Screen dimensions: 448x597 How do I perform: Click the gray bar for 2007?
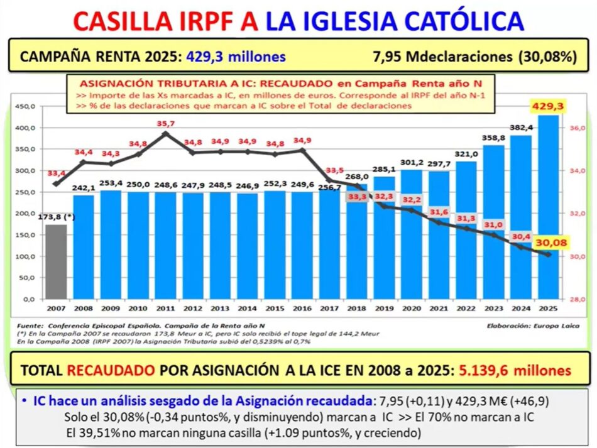56,261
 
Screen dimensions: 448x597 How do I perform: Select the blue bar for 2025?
549,207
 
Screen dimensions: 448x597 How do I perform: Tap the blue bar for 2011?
166,245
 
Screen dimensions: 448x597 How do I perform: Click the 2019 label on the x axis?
385,309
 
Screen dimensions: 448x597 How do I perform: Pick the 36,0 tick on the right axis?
578,128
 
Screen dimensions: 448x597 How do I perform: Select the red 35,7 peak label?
166,124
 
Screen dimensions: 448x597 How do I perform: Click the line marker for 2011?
166,133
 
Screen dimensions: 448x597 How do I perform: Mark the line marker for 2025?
549,254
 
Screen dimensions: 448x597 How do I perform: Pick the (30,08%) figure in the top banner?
547,56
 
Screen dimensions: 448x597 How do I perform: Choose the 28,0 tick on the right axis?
578,299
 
